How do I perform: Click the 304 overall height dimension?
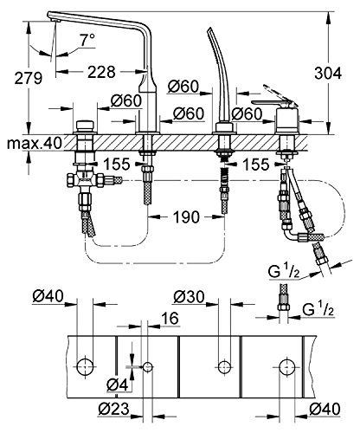pos(328,74)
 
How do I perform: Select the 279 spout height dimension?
pos(29,78)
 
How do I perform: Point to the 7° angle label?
pos(87,40)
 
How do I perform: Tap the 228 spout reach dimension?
pos(101,72)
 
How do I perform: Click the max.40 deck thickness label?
pos(34,143)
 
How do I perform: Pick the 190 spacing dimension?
pos(186,216)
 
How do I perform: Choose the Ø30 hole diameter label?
pos(189,296)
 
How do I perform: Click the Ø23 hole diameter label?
pos(113,409)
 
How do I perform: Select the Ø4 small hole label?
pos(117,385)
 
